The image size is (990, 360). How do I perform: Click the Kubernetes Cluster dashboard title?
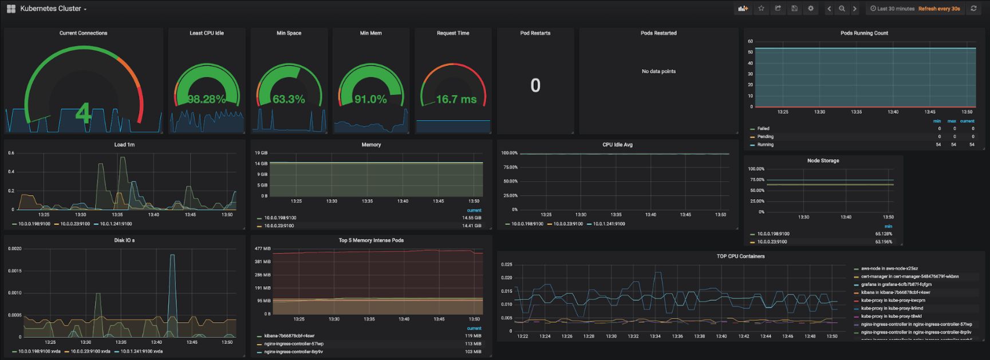[x=50, y=9]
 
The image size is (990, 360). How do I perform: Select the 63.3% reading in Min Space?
[x=289, y=99]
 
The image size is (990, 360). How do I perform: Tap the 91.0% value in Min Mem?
[x=370, y=99]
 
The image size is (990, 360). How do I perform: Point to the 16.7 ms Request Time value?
[x=456, y=99]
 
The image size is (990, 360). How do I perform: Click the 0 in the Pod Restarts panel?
[x=535, y=85]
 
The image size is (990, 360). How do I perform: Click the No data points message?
[x=658, y=72]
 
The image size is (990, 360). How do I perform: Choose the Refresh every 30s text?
[x=939, y=9]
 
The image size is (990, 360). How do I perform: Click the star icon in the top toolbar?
[x=761, y=9]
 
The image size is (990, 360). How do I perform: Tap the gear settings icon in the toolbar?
[x=810, y=9]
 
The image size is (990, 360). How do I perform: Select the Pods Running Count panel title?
[x=864, y=33]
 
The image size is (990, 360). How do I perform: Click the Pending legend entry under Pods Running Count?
[x=765, y=137]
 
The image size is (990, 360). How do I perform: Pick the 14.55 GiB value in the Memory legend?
[x=471, y=218]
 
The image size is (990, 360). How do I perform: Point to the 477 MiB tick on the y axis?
[x=263, y=248]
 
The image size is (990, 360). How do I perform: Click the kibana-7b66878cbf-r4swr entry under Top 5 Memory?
[x=289, y=336]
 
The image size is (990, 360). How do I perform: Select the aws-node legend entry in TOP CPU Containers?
[x=889, y=268]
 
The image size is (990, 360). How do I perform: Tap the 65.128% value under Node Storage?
[x=883, y=234]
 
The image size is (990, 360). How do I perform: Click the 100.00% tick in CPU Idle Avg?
[x=509, y=153]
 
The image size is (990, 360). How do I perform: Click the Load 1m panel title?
[x=124, y=145]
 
